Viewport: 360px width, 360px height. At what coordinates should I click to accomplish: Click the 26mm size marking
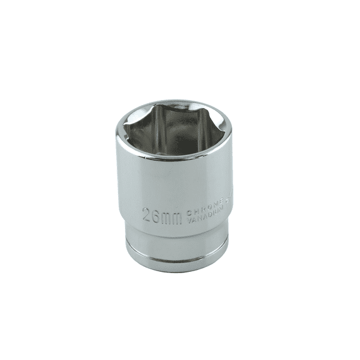[x=161, y=216]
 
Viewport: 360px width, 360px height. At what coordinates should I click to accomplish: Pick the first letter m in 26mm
[x=166, y=217]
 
